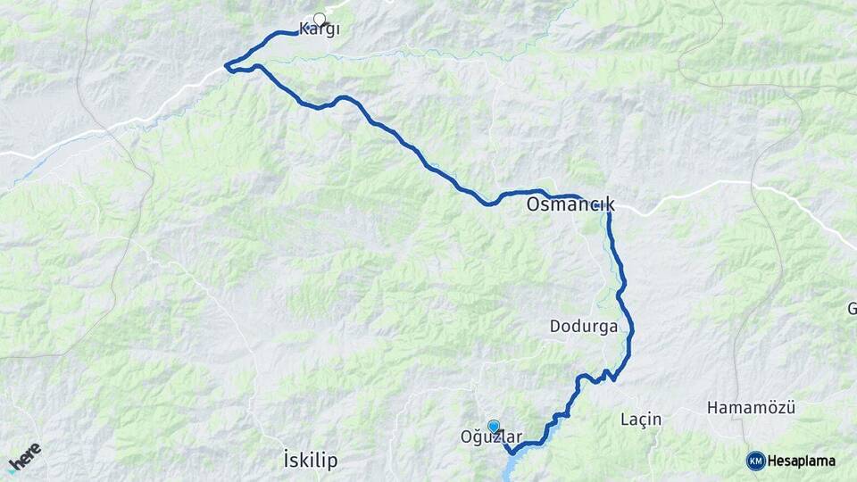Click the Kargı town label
click(319, 29)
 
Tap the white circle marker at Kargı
click(320, 18)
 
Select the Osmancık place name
click(570, 205)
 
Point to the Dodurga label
click(584, 327)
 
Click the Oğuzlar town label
click(490, 436)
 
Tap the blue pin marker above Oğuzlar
click(494, 427)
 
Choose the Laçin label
click(640, 419)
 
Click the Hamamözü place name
click(751, 408)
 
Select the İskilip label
click(310, 461)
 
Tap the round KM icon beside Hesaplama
click(755, 461)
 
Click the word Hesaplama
click(802, 461)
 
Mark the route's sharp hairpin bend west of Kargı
click(227, 65)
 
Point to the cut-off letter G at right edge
click(852, 310)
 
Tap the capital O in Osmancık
click(533, 205)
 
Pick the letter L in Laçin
click(624, 419)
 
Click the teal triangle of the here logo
click(13, 468)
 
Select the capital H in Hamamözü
click(711, 408)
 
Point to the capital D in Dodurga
click(555, 327)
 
